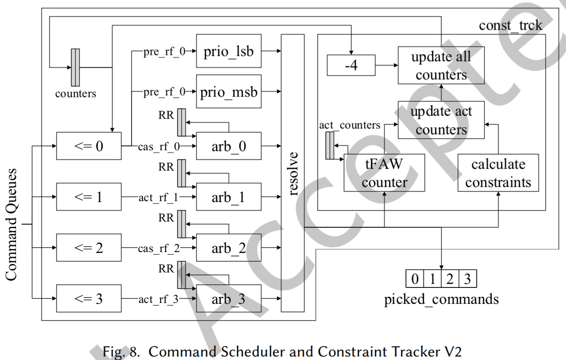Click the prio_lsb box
pyautogui.click(x=228, y=51)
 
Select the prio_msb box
pyautogui.click(x=228, y=92)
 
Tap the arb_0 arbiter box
pyautogui.click(x=228, y=146)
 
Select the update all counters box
pyautogui.click(x=441, y=65)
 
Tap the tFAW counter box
pyautogui.click(x=383, y=172)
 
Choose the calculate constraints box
pyautogui.click(x=498, y=172)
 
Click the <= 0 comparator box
pyautogui.click(x=89, y=146)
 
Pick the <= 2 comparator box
pyautogui.click(x=89, y=248)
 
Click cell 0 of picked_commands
pyautogui.click(x=415, y=279)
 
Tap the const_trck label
pyautogui.click(x=510, y=25)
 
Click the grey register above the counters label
pyautogui.click(x=75, y=68)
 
